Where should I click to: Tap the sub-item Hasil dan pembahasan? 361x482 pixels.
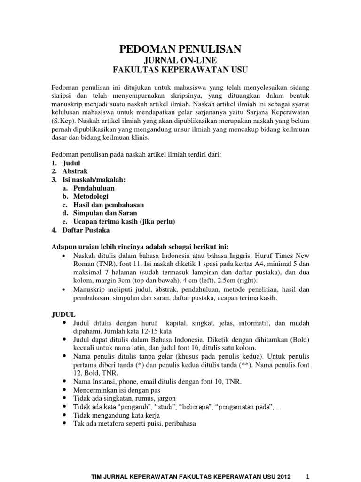[108, 205]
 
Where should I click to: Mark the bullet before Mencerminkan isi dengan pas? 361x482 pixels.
[64, 390]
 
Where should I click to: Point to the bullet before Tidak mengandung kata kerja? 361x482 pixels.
[64, 415]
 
